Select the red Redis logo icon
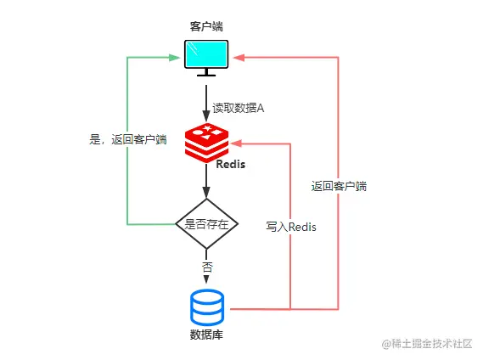[x=206, y=142]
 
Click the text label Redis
[x=230, y=164]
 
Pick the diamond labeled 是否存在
[x=206, y=224]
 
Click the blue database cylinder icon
[x=207, y=307]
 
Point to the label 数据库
[x=206, y=335]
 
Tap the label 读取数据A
[x=239, y=108]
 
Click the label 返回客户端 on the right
[x=339, y=186]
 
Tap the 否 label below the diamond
[x=206, y=267]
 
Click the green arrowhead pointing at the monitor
[x=179, y=58]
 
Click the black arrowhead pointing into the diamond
[x=206, y=194]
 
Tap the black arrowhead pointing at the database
[x=206, y=281]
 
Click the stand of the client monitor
[x=207, y=75]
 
